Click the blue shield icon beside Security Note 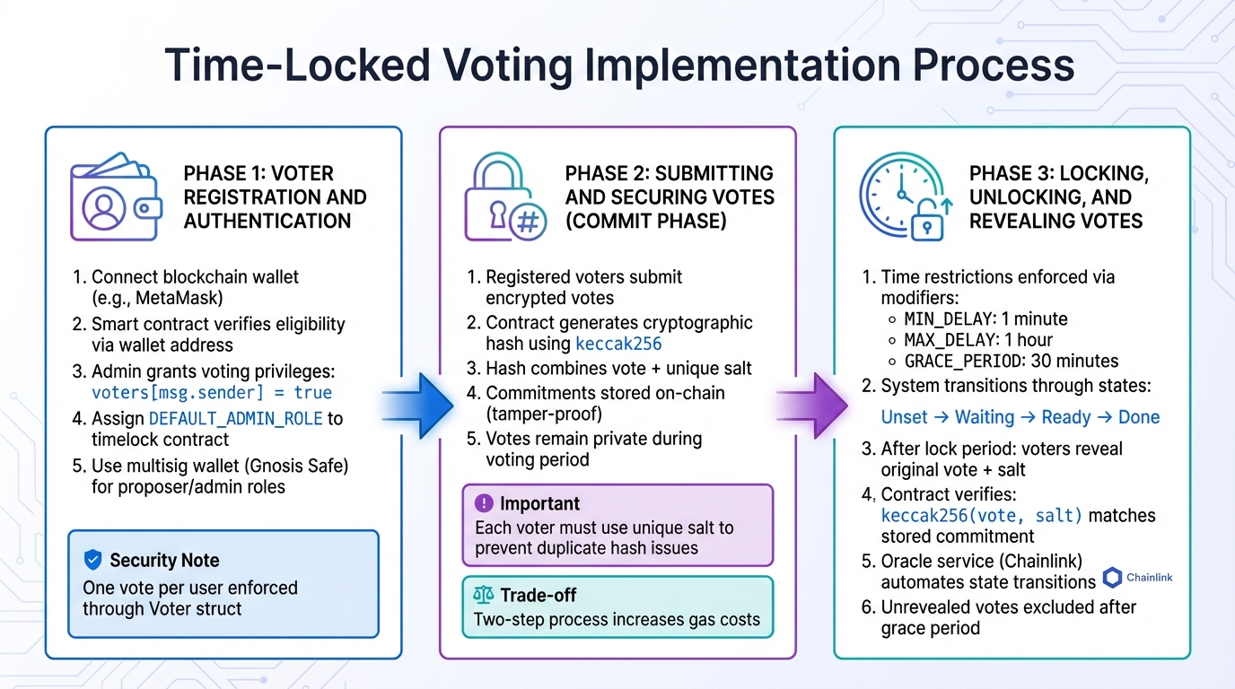[x=92, y=561]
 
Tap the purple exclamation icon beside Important [x=484, y=503]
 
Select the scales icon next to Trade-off [x=484, y=595]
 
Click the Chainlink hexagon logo [x=1113, y=578]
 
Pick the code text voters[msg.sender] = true [x=212, y=393]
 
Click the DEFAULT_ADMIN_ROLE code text [x=236, y=418]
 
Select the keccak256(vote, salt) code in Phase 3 [x=982, y=516]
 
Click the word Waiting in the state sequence [x=985, y=417]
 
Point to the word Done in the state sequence [x=1139, y=417]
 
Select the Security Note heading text [x=164, y=561]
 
